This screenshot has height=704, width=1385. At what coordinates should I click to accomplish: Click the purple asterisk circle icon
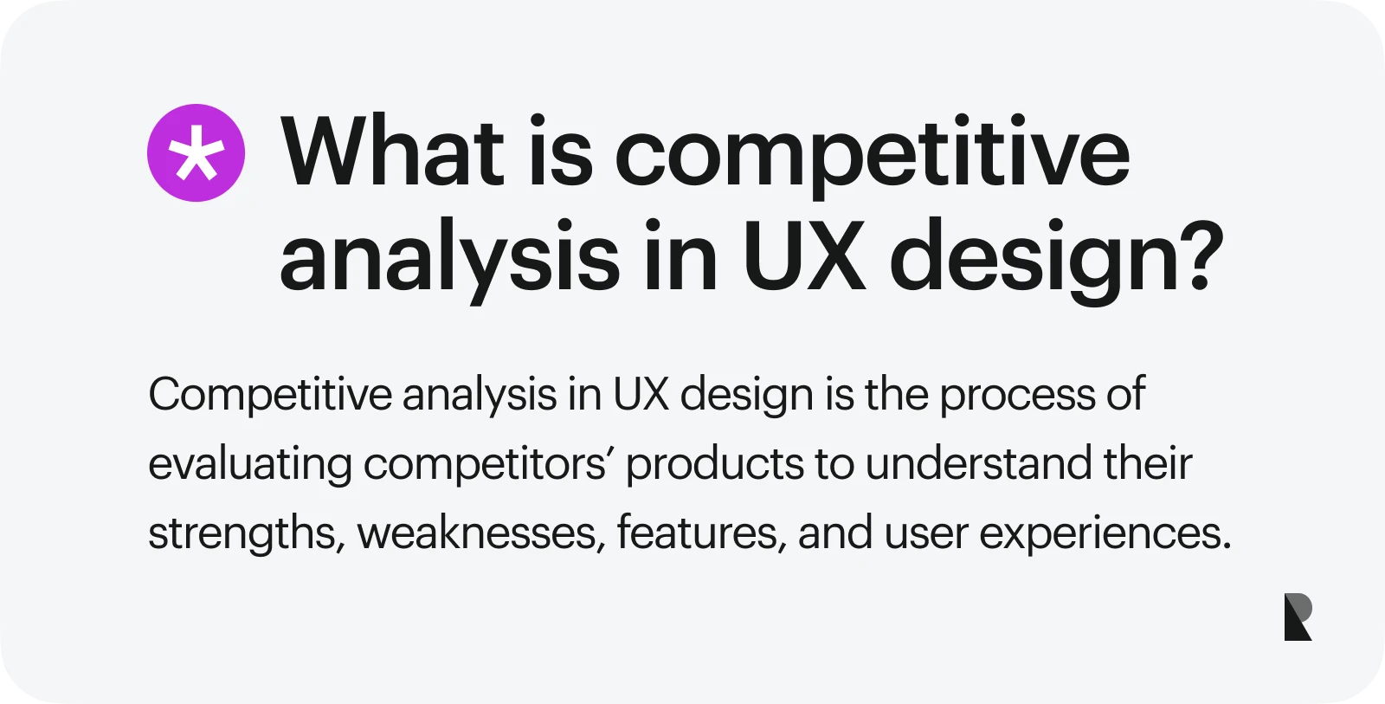tap(196, 152)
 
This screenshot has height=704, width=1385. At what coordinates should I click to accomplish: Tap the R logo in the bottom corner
tap(1298, 617)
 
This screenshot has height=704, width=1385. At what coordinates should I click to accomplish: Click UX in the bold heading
tap(804, 255)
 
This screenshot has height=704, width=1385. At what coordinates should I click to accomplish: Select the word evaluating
tap(250, 465)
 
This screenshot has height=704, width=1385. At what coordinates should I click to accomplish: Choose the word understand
tap(979, 463)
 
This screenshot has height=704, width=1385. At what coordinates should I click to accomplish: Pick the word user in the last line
tap(926, 536)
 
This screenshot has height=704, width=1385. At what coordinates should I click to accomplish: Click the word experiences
tap(1105, 534)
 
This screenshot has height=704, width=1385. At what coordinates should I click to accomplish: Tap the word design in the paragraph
tap(747, 397)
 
